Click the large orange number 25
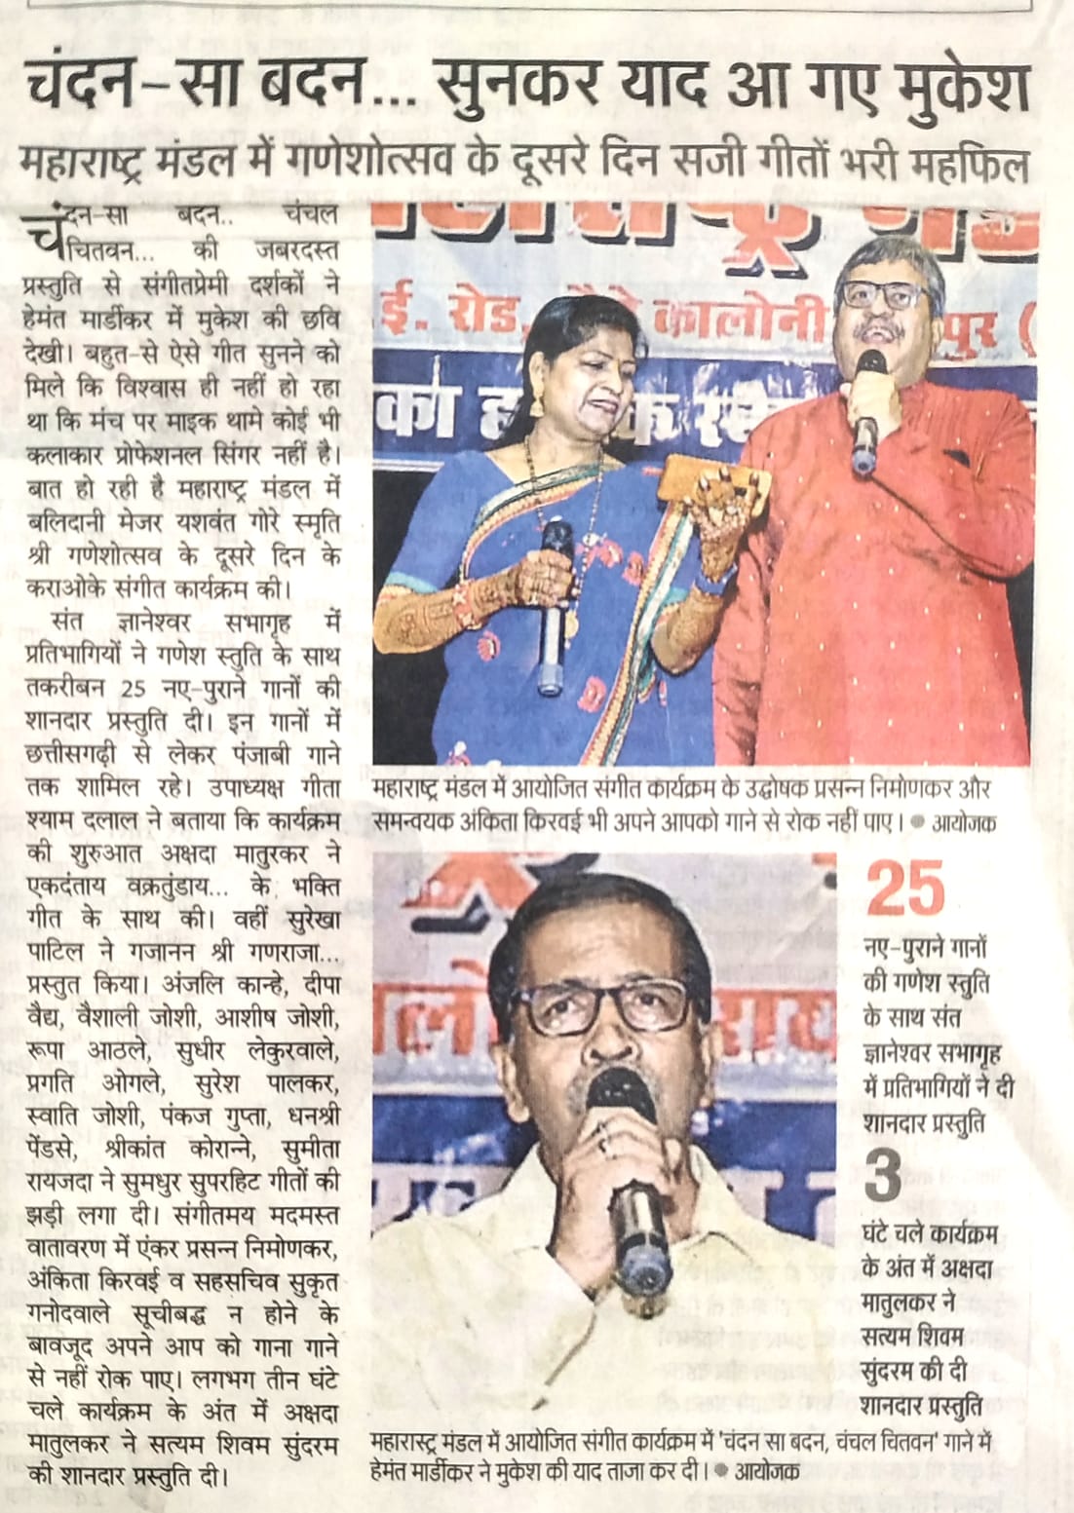tap(905, 888)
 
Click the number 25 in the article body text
tap(134, 688)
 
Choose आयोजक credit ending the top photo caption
tap(964, 822)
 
